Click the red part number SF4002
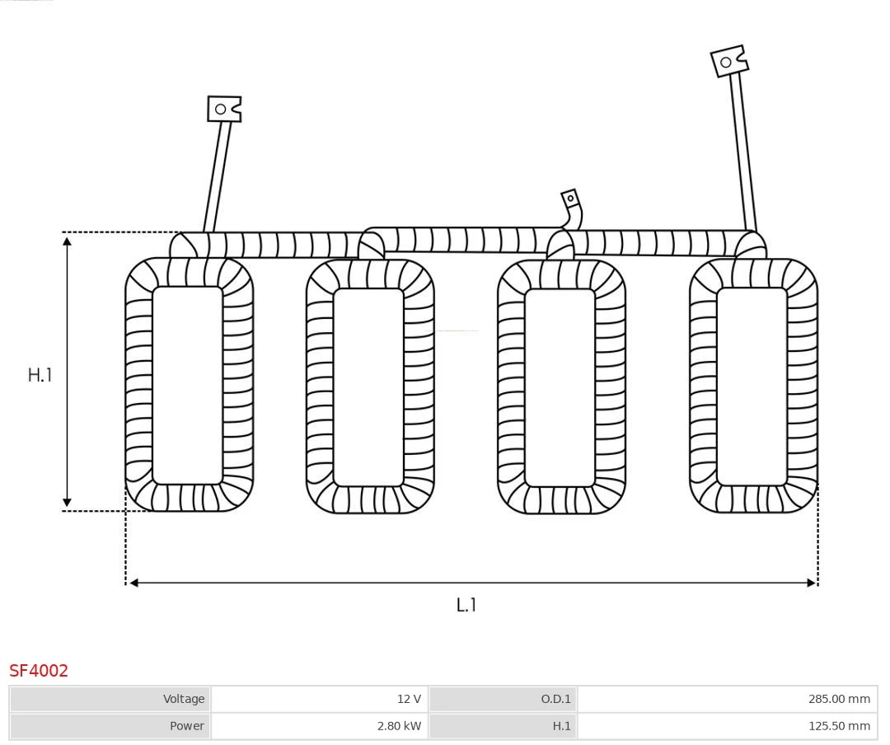pos(39,671)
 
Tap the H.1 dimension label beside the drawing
pos(40,375)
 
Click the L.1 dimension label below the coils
pos(466,605)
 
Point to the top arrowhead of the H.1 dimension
pos(68,240)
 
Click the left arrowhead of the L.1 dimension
pos(133,583)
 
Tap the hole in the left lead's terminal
pos(221,109)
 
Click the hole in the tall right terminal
pos(726,63)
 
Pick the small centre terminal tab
pos(570,199)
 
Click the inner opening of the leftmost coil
pos(188,385)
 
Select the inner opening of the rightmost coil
pos(752,386)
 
